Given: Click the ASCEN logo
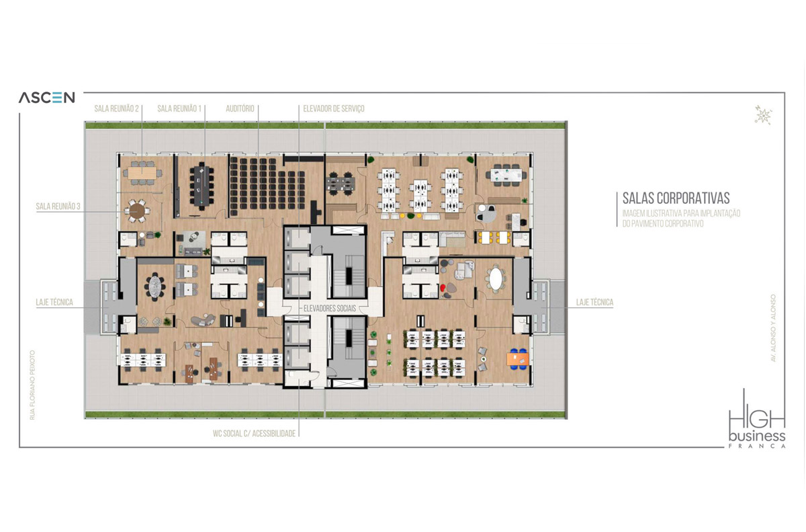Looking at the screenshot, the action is (x=47, y=98).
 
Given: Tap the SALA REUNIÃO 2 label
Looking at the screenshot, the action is (x=116, y=108).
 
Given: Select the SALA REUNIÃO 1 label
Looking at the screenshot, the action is (x=179, y=108).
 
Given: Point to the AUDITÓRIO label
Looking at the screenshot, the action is (x=240, y=108).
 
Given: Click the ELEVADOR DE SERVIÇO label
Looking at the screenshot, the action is (x=334, y=108).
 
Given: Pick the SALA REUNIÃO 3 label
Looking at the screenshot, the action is (x=58, y=206).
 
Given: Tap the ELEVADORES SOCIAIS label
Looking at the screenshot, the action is (x=330, y=308).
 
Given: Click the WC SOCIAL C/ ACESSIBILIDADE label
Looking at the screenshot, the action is (x=254, y=433).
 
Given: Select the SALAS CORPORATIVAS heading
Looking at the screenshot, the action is (x=676, y=198).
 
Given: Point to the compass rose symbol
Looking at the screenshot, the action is (x=763, y=115).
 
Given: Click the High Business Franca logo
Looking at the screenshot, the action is (x=757, y=418).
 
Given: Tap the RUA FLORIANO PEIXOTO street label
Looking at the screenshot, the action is (x=32, y=385).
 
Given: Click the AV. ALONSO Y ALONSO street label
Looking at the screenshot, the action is (x=773, y=328).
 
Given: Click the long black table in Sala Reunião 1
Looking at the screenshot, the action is (x=202, y=185).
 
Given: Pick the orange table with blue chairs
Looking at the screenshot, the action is (x=518, y=358).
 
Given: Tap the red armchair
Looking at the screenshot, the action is (x=443, y=288).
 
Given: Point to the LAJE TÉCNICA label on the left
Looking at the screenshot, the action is (x=54, y=302).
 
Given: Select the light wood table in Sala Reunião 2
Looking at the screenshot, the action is (x=142, y=173).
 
